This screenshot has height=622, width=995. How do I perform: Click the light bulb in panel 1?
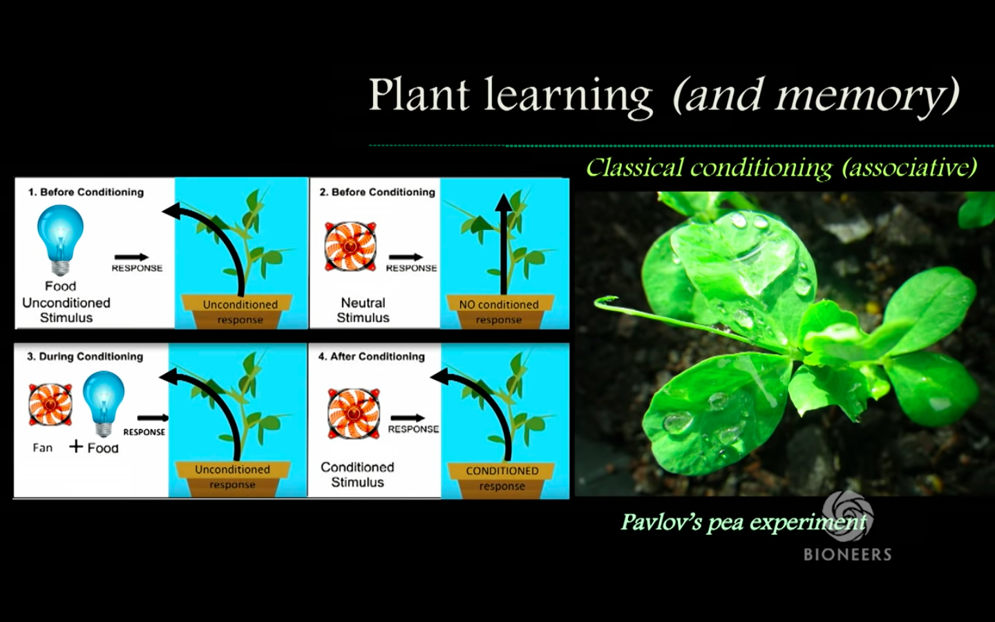(x=61, y=238)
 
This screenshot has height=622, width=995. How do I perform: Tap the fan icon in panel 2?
(x=350, y=247)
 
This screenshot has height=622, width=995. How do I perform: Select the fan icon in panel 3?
(x=50, y=404)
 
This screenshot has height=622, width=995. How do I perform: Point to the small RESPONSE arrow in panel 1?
(x=131, y=257)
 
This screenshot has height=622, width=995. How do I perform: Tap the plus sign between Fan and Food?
(x=76, y=446)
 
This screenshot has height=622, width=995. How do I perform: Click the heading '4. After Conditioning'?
(x=371, y=357)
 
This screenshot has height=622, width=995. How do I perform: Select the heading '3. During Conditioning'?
(x=85, y=357)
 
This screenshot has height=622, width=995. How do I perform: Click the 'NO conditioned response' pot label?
(x=499, y=312)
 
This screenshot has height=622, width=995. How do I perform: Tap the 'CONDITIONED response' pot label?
(x=502, y=478)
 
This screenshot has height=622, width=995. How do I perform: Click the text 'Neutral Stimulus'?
(x=363, y=310)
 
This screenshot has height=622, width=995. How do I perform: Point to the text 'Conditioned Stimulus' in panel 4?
(x=357, y=475)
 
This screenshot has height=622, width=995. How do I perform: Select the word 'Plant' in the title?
(x=419, y=94)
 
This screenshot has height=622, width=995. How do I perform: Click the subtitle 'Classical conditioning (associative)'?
(x=781, y=167)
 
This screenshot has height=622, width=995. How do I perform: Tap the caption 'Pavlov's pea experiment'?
(x=743, y=522)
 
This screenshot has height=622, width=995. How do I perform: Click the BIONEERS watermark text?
(x=847, y=554)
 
